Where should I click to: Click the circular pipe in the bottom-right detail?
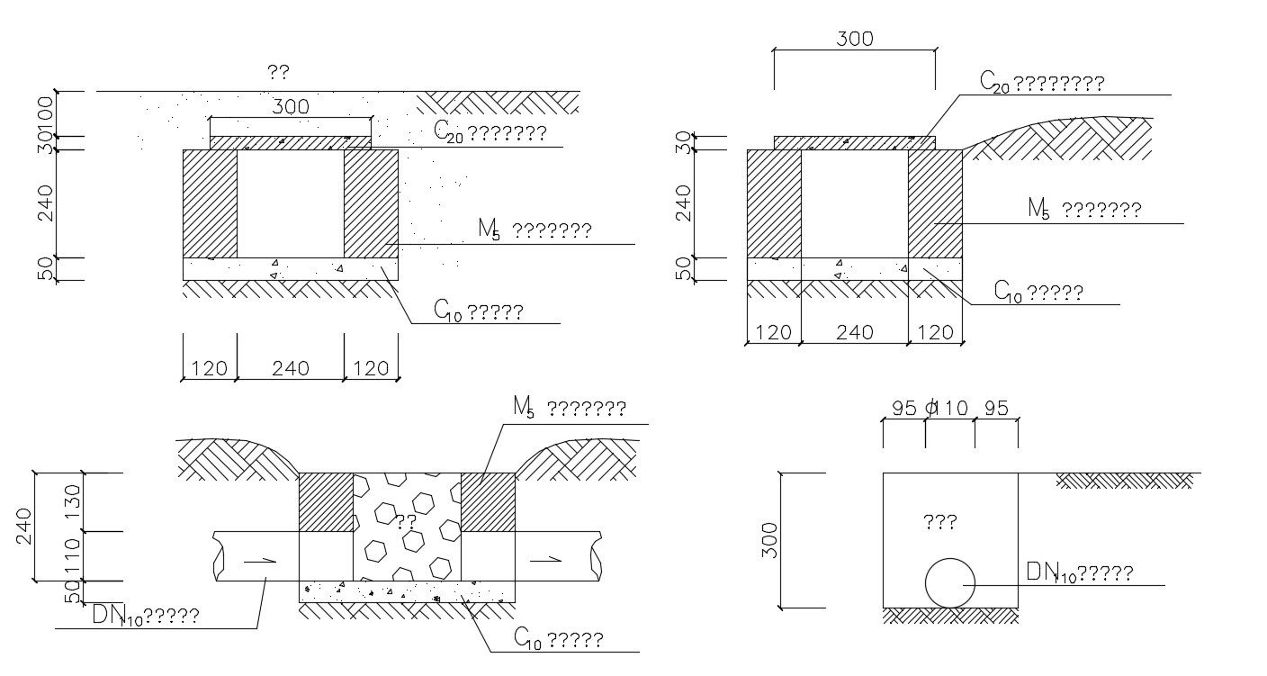950,582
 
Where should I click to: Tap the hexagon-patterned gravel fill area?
407,527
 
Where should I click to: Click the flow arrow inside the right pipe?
546,560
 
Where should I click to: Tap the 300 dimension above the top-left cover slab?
290,107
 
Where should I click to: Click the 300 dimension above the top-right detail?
854,40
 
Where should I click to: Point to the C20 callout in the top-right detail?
1042,83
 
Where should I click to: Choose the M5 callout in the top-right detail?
1084,211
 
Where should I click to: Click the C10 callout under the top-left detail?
478,312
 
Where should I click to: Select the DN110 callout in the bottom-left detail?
146,616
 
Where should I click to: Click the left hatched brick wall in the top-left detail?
210,203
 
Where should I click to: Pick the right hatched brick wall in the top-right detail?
935,203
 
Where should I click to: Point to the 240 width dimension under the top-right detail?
854,332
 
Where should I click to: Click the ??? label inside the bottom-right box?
939,521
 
